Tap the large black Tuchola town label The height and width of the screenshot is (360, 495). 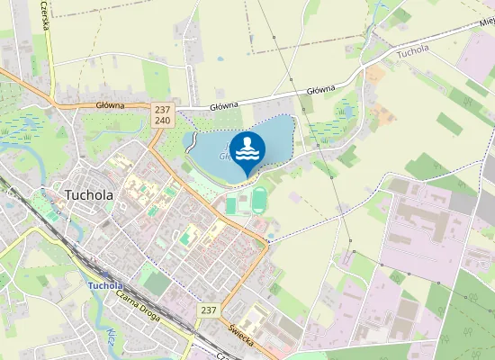tap(88, 194)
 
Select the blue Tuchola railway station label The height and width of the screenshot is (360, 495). tap(105, 286)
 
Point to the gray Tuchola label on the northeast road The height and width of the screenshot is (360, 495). tap(413, 51)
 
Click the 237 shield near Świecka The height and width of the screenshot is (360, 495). tap(208, 310)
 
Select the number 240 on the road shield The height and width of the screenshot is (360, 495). tap(163, 120)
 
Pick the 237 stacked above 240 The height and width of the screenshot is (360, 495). tap(163, 109)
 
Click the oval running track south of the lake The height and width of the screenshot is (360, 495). tap(259, 198)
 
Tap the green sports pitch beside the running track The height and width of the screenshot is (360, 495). tap(230, 204)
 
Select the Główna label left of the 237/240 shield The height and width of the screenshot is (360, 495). tap(109, 105)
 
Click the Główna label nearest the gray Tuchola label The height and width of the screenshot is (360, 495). tap(320, 90)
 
